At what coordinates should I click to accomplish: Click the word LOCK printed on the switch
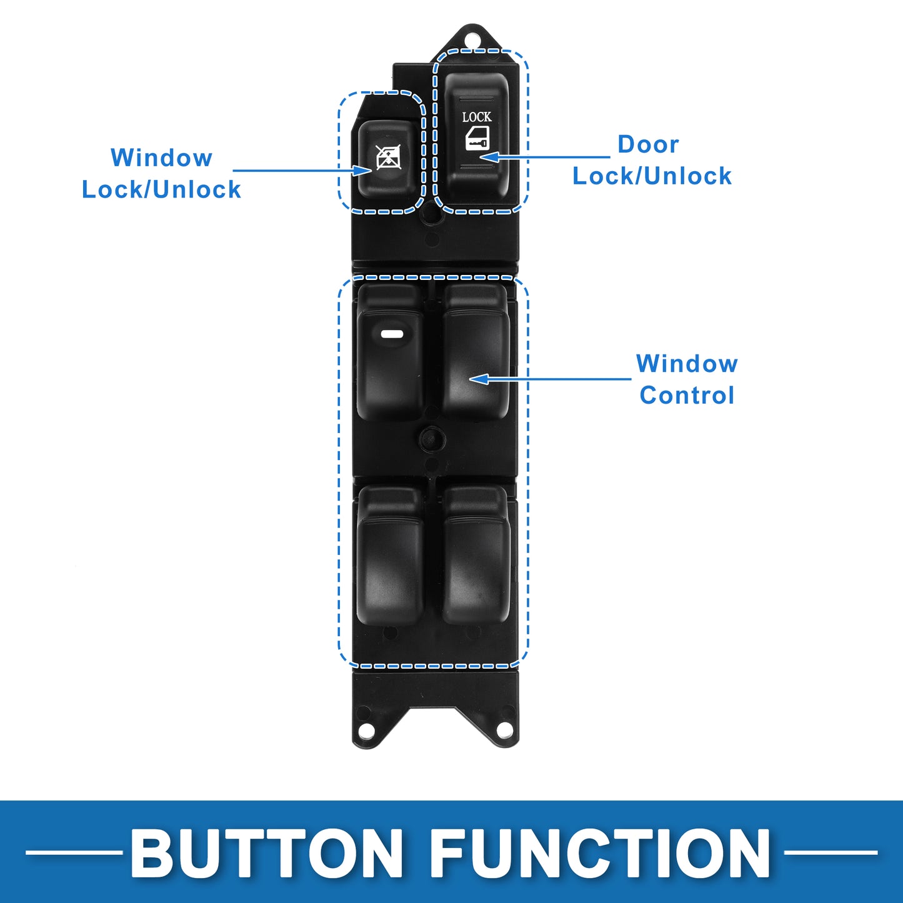(477, 117)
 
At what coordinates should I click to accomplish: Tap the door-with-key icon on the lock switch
(477, 138)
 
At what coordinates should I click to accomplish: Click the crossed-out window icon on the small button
(389, 157)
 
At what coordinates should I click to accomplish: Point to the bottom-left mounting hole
(367, 730)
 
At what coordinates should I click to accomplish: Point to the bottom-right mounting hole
(505, 730)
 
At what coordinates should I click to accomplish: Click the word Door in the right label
(648, 144)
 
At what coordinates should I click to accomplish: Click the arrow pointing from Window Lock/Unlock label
(302, 171)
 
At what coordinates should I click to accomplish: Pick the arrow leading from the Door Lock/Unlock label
(544, 157)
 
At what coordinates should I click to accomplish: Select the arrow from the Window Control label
(550, 379)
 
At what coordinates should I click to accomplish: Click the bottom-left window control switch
(390, 556)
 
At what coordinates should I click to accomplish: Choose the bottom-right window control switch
(476, 556)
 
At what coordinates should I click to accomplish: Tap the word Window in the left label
(161, 157)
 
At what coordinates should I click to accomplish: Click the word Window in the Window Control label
(687, 364)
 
